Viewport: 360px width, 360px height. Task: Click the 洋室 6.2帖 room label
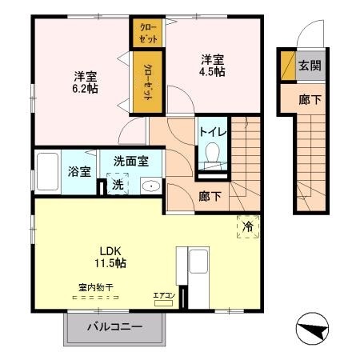(x=86, y=82)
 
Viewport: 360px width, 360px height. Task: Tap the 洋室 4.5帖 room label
(x=212, y=64)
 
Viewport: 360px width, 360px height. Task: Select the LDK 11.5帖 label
(x=110, y=255)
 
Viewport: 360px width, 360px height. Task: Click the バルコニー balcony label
(x=114, y=327)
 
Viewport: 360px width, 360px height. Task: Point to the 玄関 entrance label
(x=310, y=66)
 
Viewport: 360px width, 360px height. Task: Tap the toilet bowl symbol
(x=213, y=153)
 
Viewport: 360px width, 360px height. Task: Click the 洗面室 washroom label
(x=130, y=160)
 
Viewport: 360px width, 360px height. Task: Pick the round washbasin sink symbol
(x=149, y=186)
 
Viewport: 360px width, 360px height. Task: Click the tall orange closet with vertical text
(x=148, y=83)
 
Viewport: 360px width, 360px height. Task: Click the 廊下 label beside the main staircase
(x=210, y=196)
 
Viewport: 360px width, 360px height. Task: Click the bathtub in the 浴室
(x=49, y=170)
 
